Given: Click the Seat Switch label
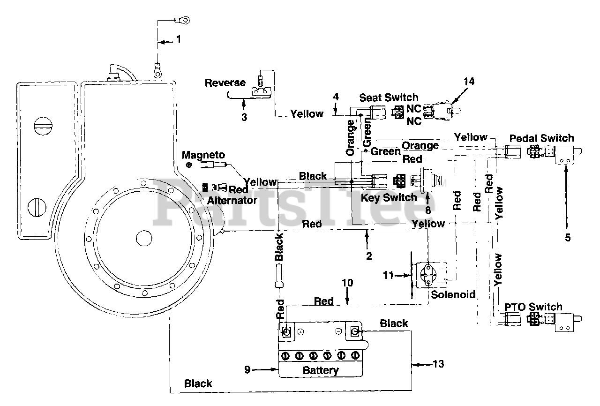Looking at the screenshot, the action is point(389,98).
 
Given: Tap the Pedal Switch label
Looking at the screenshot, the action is point(541,138).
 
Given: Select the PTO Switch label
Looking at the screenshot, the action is point(533,307).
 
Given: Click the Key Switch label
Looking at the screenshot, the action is point(389,198).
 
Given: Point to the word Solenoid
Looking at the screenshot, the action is point(453,294).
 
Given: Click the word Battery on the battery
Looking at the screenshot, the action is point(321,370).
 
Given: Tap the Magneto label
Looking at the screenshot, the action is point(203,155).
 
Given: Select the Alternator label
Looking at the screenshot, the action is point(232,200).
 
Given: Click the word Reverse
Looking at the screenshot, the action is point(225,83).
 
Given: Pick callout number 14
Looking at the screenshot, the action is point(469,81).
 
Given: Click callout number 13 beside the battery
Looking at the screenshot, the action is point(438,364).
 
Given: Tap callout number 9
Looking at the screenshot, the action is point(247,369).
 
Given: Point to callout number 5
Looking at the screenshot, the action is point(568,238).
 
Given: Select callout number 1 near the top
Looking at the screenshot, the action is point(179,39).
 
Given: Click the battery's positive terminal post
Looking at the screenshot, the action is point(286,332).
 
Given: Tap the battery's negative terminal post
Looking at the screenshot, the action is point(355,331).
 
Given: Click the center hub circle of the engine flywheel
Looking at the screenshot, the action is point(144,238).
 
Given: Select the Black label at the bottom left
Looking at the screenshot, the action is point(198,383).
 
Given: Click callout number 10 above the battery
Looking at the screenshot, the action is point(347,283).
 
